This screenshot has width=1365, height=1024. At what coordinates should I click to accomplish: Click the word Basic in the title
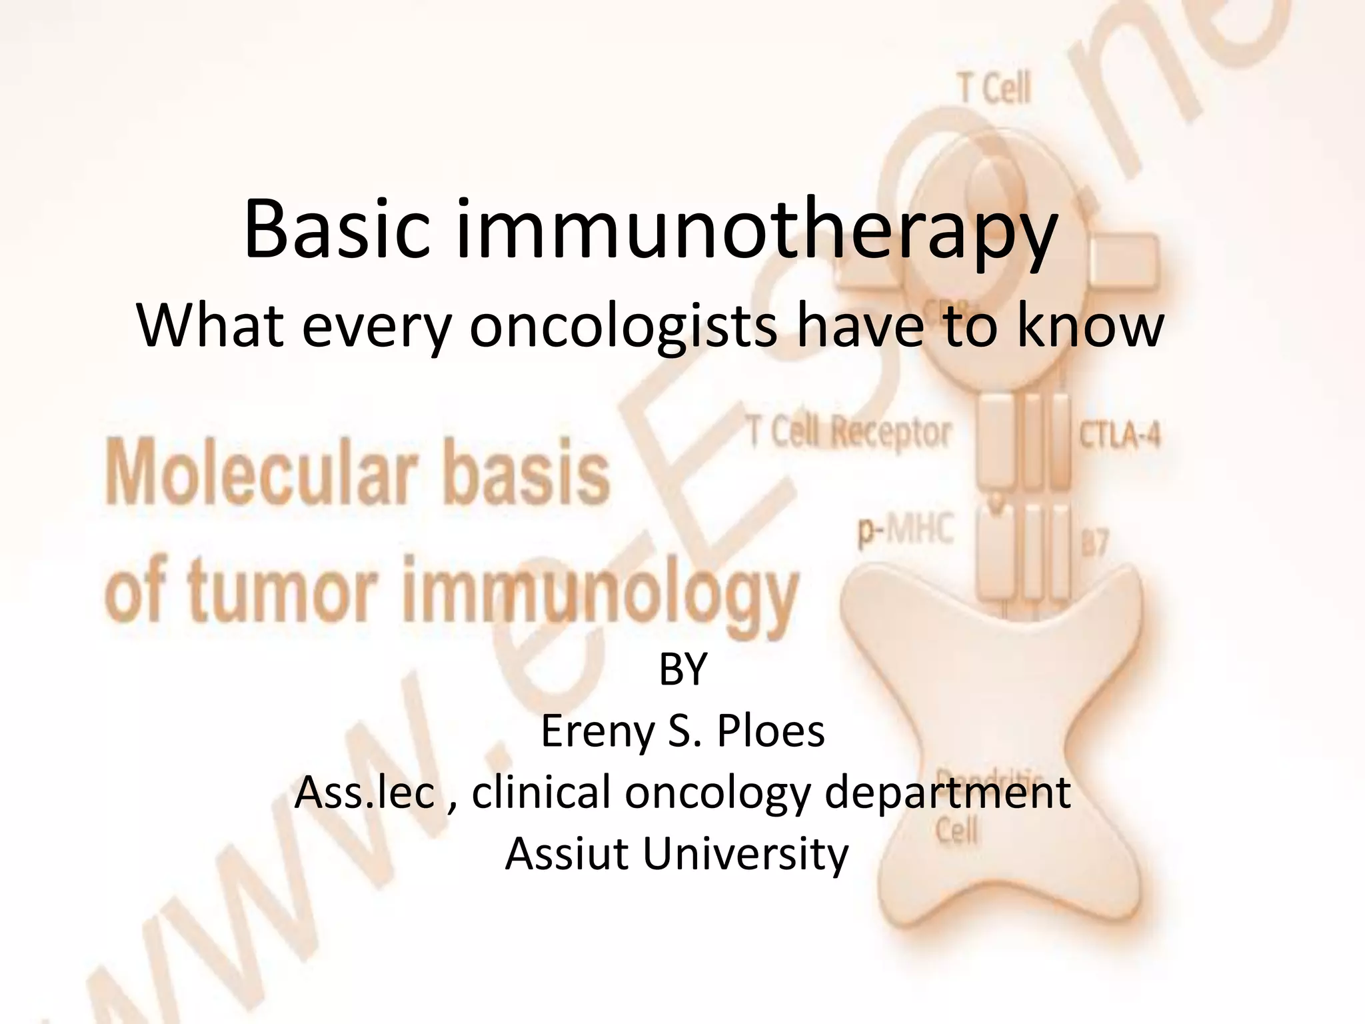(337, 228)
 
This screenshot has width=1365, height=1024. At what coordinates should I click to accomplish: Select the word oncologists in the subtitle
(623, 327)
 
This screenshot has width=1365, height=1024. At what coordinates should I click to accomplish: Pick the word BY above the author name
(682, 669)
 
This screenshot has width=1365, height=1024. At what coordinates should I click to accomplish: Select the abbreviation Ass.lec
(365, 792)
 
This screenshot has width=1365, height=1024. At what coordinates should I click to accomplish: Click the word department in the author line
(947, 793)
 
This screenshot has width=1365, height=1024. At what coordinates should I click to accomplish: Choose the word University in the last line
(745, 853)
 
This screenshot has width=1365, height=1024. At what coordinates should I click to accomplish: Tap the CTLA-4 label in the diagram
(1120, 436)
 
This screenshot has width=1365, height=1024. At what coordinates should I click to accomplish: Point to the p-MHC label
(906, 532)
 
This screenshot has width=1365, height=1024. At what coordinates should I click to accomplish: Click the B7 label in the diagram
(1094, 543)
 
